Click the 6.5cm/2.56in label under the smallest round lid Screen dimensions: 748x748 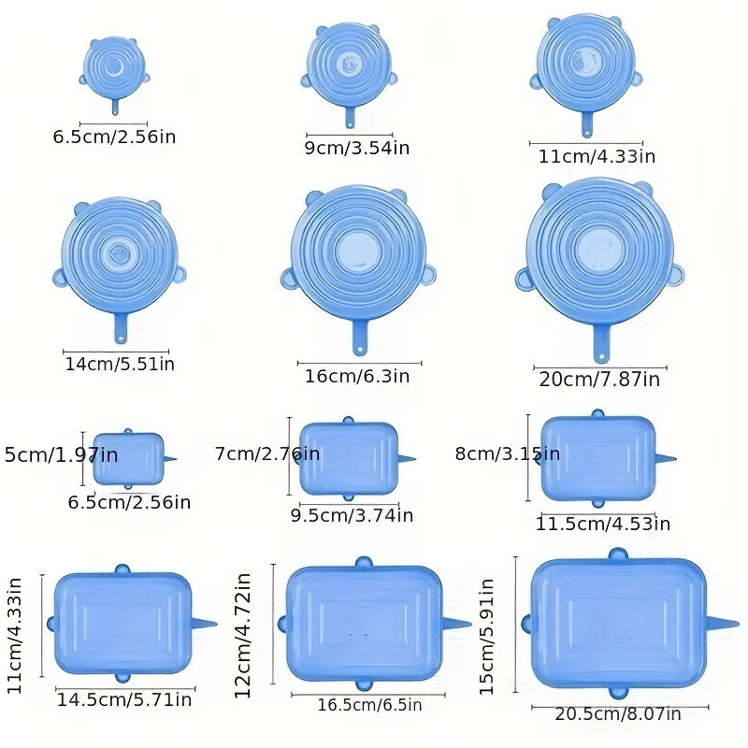[x=114, y=137]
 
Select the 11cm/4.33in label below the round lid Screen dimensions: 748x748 [x=597, y=156]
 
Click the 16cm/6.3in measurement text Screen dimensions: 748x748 [x=356, y=376]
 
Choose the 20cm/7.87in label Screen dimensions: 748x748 [x=599, y=379]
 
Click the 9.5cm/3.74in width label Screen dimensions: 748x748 [x=352, y=514]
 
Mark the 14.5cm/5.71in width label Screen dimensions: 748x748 [x=124, y=698]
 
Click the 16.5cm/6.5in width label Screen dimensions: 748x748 [x=367, y=704]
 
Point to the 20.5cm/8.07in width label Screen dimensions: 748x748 [x=620, y=714]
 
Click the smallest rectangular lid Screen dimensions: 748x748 [x=128, y=458]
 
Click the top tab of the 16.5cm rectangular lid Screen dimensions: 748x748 [x=364, y=562]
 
